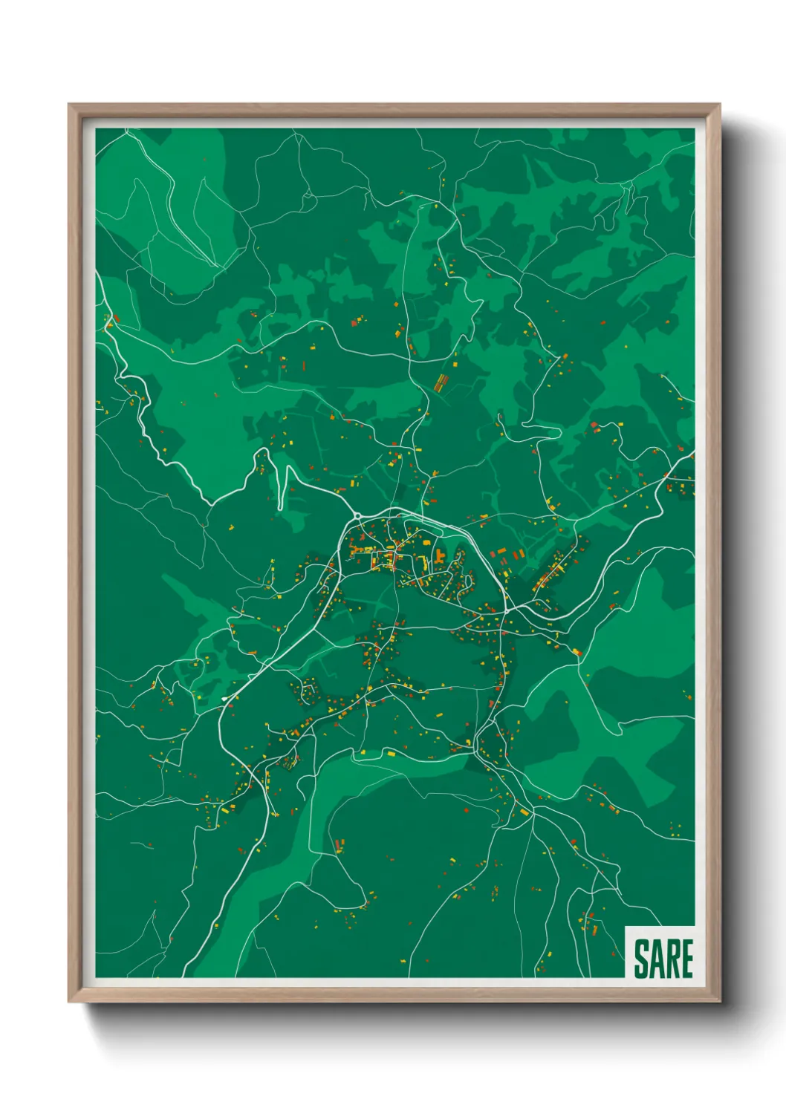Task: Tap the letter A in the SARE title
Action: pyautogui.click(x=655, y=959)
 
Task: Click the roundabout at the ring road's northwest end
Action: pyautogui.click(x=357, y=515)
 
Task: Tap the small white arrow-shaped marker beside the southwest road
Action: pyautogui.click(x=224, y=699)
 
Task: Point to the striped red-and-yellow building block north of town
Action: pyautogui.click(x=441, y=382)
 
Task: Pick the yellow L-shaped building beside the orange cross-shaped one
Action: pyautogui.click(x=423, y=558)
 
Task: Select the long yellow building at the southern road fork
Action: pyautogui.click(x=524, y=812)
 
